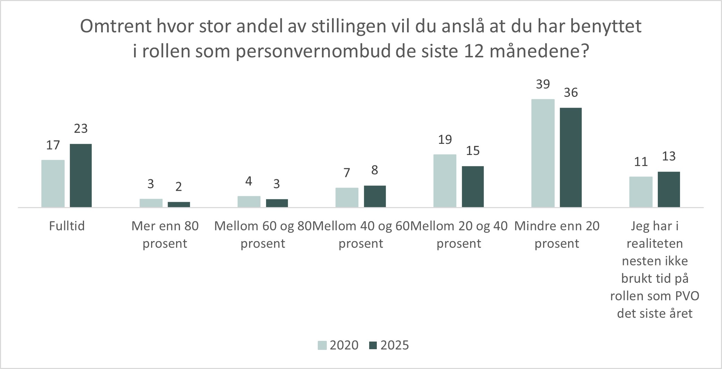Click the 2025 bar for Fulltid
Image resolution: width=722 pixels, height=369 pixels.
point(81,175)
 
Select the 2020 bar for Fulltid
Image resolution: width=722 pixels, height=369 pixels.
point(53,183)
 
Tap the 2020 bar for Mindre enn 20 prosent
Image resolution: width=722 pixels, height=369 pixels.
point(543,153)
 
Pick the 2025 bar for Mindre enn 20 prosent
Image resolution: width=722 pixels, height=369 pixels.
point(571,157)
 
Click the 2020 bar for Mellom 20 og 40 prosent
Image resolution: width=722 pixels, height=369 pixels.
point(445,181)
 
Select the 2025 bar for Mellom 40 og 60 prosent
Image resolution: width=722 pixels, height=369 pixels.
point(375,196)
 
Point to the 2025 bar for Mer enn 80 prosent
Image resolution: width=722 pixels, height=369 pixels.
point(179,204)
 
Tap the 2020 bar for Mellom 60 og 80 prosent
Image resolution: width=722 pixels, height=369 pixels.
point(249,202)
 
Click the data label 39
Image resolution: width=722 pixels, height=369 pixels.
point(543,84)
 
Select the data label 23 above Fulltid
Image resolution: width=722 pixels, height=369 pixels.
point(81,129)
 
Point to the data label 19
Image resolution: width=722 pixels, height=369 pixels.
point(445,140)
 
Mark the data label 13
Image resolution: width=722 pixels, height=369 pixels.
point(669,156)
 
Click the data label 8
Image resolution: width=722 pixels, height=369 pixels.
point(374,170)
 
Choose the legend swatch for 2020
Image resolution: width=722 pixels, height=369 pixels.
point(322,345)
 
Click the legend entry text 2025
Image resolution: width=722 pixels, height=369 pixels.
point(395,345)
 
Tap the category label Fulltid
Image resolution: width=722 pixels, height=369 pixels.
point(67,226)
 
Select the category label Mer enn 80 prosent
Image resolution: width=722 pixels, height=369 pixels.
point(165,235)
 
